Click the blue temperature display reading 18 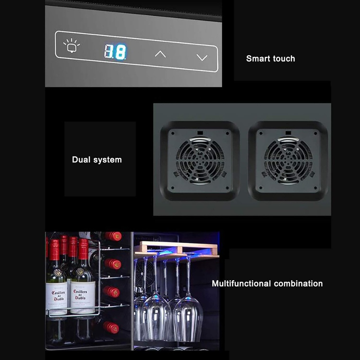click(x=115, y=52)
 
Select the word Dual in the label click(x=81, y=160)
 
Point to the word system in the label click(x=108, y=160)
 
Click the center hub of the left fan click(x=200, y=161)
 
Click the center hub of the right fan click(x=288, y=161)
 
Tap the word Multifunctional click(x=242, y=283)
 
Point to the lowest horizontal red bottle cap click(x=111, y=327)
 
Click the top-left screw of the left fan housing click(x=172, y=134)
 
